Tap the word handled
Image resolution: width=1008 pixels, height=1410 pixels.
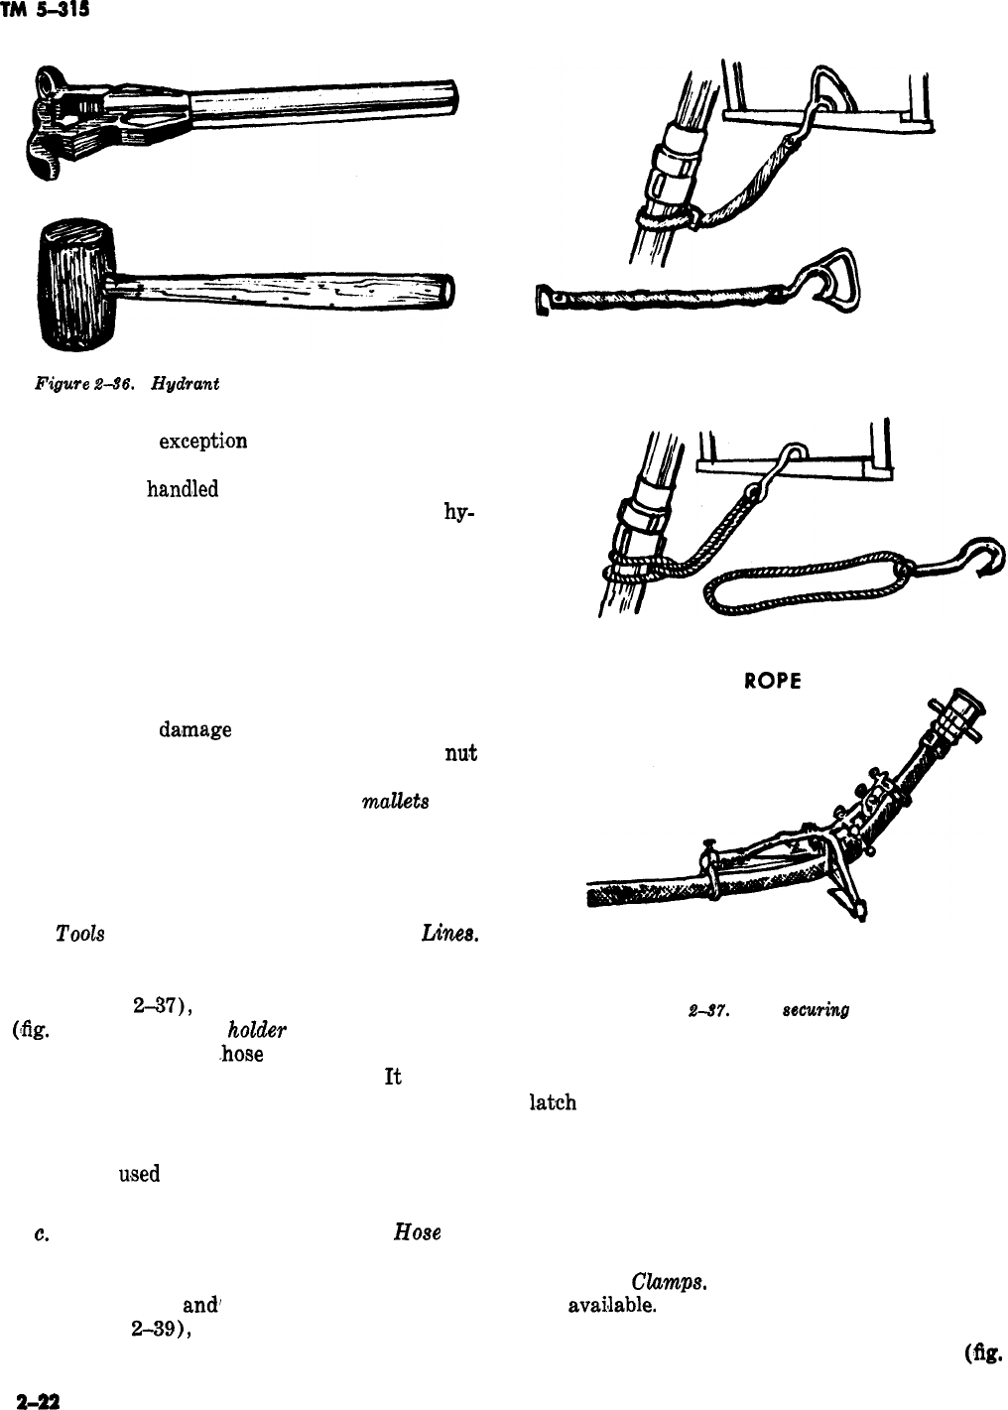pyautogui.click(x=183, y=490)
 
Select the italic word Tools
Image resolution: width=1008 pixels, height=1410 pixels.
pyautogui.click(x=80, y=935)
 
